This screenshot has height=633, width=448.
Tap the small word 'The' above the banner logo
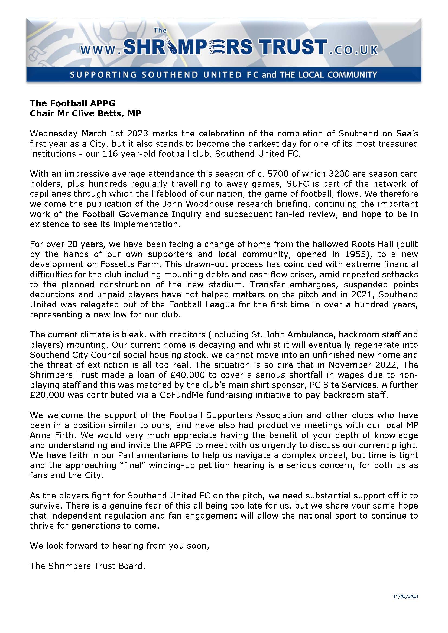160,31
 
